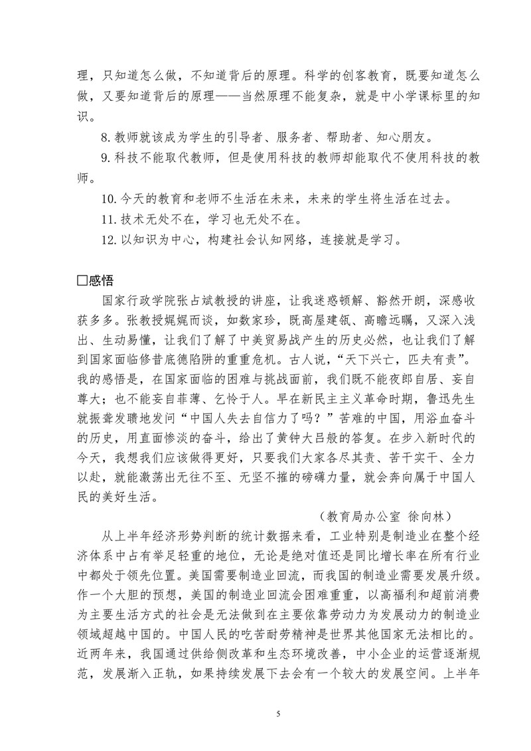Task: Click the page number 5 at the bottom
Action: coord(278,713)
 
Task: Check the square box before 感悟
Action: coord(82,281)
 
